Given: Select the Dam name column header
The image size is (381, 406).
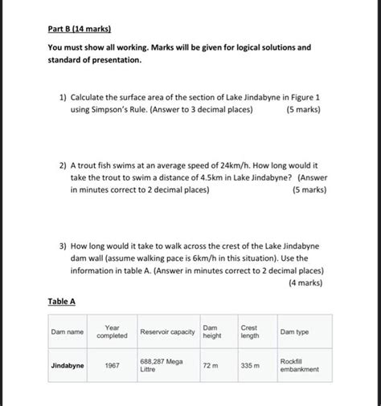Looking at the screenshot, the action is [68, 331].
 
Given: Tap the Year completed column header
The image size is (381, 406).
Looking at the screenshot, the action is [112, 331].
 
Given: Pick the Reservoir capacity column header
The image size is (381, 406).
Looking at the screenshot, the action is [167, 331].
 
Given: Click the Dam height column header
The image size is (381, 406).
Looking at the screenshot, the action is [211, 331].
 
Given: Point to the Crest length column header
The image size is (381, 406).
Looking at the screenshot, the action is [249, 331].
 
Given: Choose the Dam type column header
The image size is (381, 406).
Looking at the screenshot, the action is [294, 331].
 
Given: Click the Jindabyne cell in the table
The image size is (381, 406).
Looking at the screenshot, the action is [68, 365].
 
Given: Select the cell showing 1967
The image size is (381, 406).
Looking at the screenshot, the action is [112, 365].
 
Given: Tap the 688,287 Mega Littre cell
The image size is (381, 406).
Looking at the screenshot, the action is [161, 365].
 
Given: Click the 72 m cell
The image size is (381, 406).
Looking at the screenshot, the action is [211, 365].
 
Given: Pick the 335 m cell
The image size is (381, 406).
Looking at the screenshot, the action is [250, 365].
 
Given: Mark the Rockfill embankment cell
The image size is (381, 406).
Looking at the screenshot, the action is [299, 365].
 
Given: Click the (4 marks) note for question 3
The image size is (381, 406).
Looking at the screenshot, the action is [299, 282].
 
